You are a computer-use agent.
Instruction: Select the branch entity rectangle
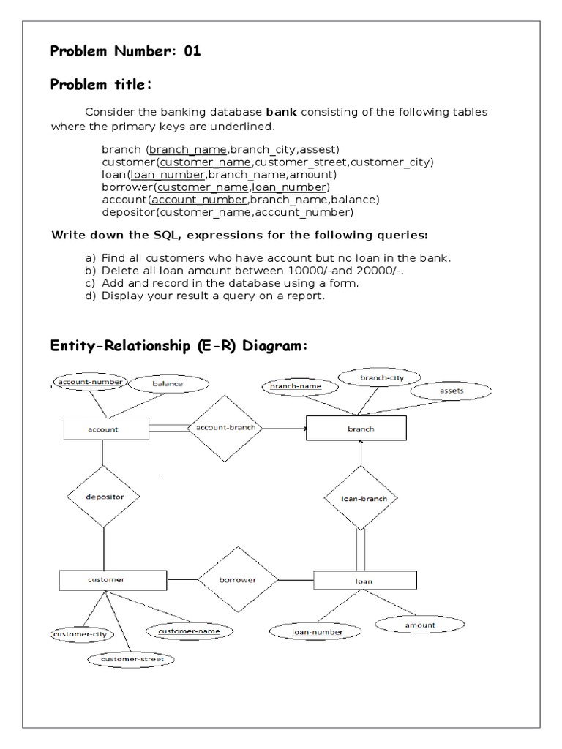(360, 429)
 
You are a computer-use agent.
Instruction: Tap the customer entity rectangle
(107, 579)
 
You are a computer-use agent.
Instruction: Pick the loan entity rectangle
(364, 581)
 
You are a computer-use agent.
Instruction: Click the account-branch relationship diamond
(225, 428)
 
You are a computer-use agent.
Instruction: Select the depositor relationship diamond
(105, 497)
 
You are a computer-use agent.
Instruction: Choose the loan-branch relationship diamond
(360, 498)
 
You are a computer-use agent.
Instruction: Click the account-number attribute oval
(90, 382)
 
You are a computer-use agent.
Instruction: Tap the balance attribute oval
(168, 383)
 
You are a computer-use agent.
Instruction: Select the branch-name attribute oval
(295, 385)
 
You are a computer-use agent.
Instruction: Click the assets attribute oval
(452, 391)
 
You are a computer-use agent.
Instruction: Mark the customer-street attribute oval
(132, 659)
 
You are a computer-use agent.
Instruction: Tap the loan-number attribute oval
(307, 631)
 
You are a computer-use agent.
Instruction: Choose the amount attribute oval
(419, 625)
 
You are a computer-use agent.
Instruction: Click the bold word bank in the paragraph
(281, 112)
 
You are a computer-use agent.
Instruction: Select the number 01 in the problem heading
(188, 51)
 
